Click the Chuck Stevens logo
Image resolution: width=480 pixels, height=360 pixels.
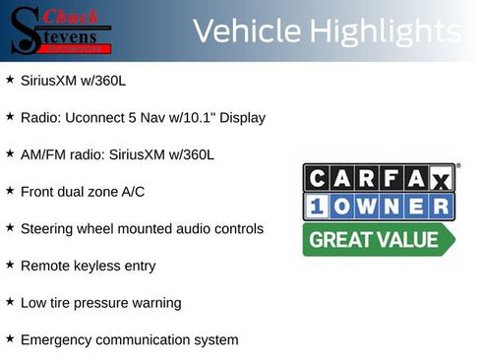coord(60,30)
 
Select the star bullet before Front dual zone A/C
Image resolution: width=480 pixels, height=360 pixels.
coord(10,190)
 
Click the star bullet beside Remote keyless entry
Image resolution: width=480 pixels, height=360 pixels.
coord(10,265)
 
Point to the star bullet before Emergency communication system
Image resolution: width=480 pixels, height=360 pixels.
coord(10,338)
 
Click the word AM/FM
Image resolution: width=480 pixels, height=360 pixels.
coord(41,154)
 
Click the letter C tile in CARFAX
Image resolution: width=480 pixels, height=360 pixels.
coord(316,179)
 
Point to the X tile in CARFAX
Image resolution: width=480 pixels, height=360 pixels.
coord(441,179)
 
